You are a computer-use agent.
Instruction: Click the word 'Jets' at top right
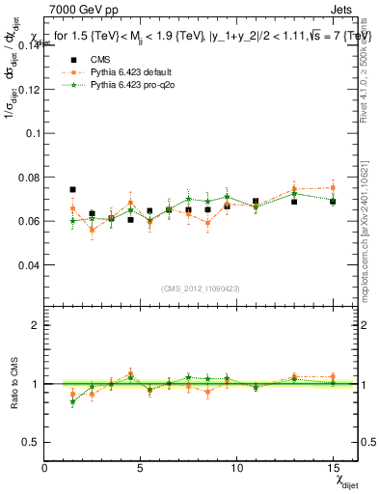(344, 9)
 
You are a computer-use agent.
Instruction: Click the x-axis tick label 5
(140, 467)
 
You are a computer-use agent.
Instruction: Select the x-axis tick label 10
(236, 467)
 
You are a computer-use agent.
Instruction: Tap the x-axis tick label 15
(333, 467)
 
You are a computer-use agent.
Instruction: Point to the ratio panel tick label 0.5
(29, 441)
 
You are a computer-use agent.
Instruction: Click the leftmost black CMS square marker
(72, 190)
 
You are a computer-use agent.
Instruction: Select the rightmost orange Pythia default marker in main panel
(333, 188)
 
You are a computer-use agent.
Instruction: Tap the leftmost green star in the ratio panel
(72, 402)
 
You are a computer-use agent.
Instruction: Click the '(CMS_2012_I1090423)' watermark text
(201, 289)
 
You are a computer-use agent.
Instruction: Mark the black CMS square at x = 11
(256, 202)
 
